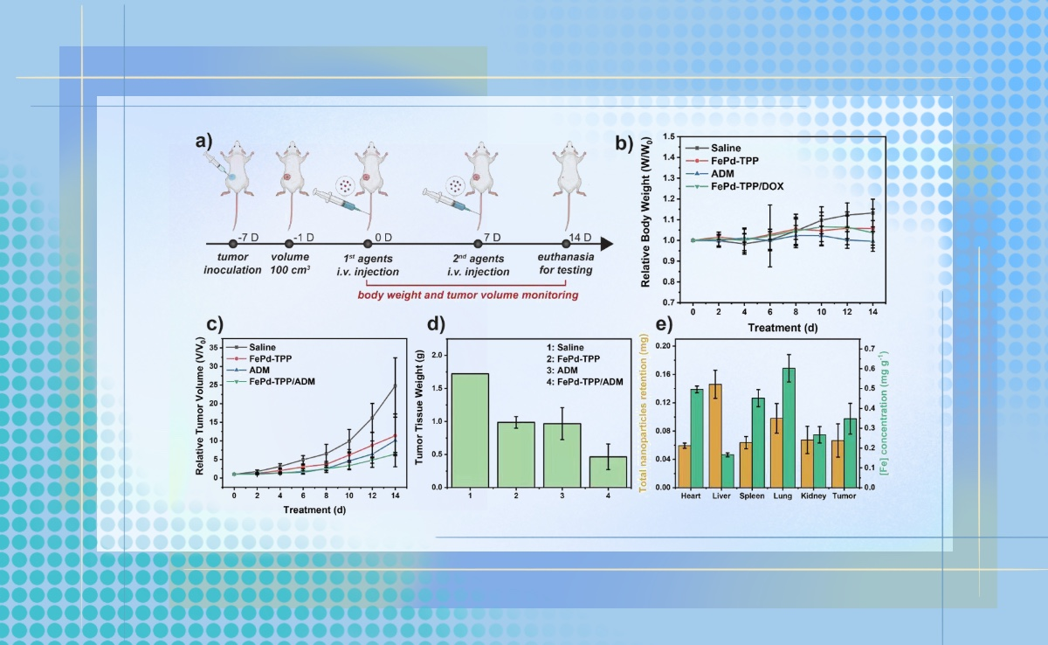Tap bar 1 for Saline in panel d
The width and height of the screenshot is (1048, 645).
470,429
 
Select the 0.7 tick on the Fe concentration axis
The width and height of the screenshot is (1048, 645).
866,349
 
